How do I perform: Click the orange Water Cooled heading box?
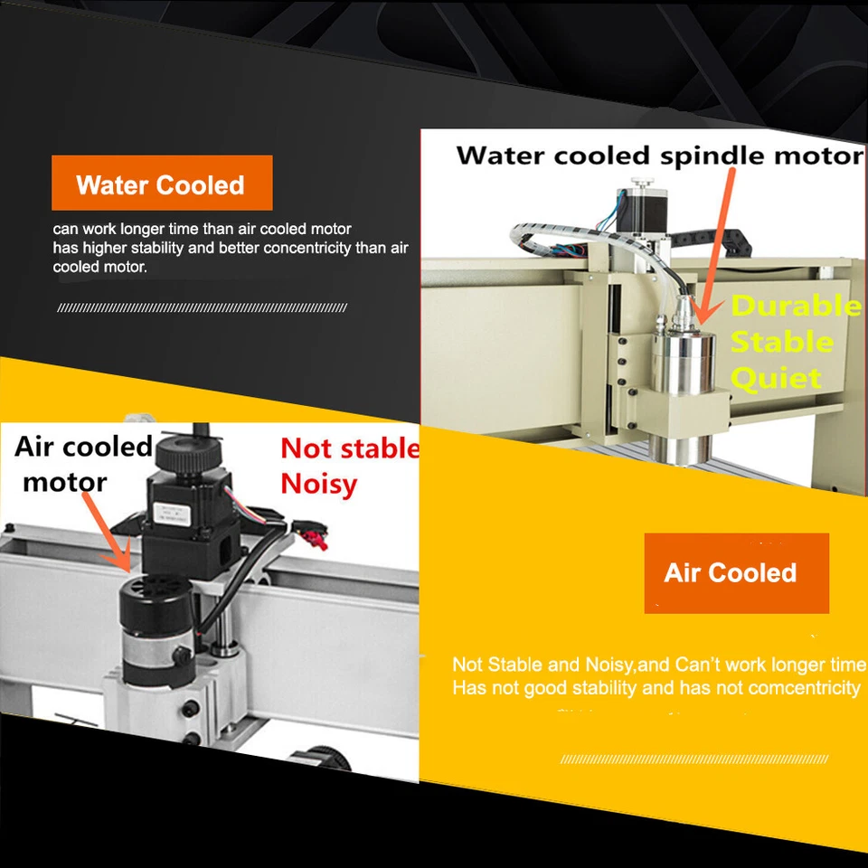(162, 184)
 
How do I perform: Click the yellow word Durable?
(796, 307)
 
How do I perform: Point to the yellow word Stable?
(781, 343)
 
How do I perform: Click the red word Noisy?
(318, 484)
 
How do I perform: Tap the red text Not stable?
(350, 448)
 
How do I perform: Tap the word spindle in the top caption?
(713, 156)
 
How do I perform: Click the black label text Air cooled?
(83, 447)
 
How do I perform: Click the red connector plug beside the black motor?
(317, 542)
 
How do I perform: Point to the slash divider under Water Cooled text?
(202, 308)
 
